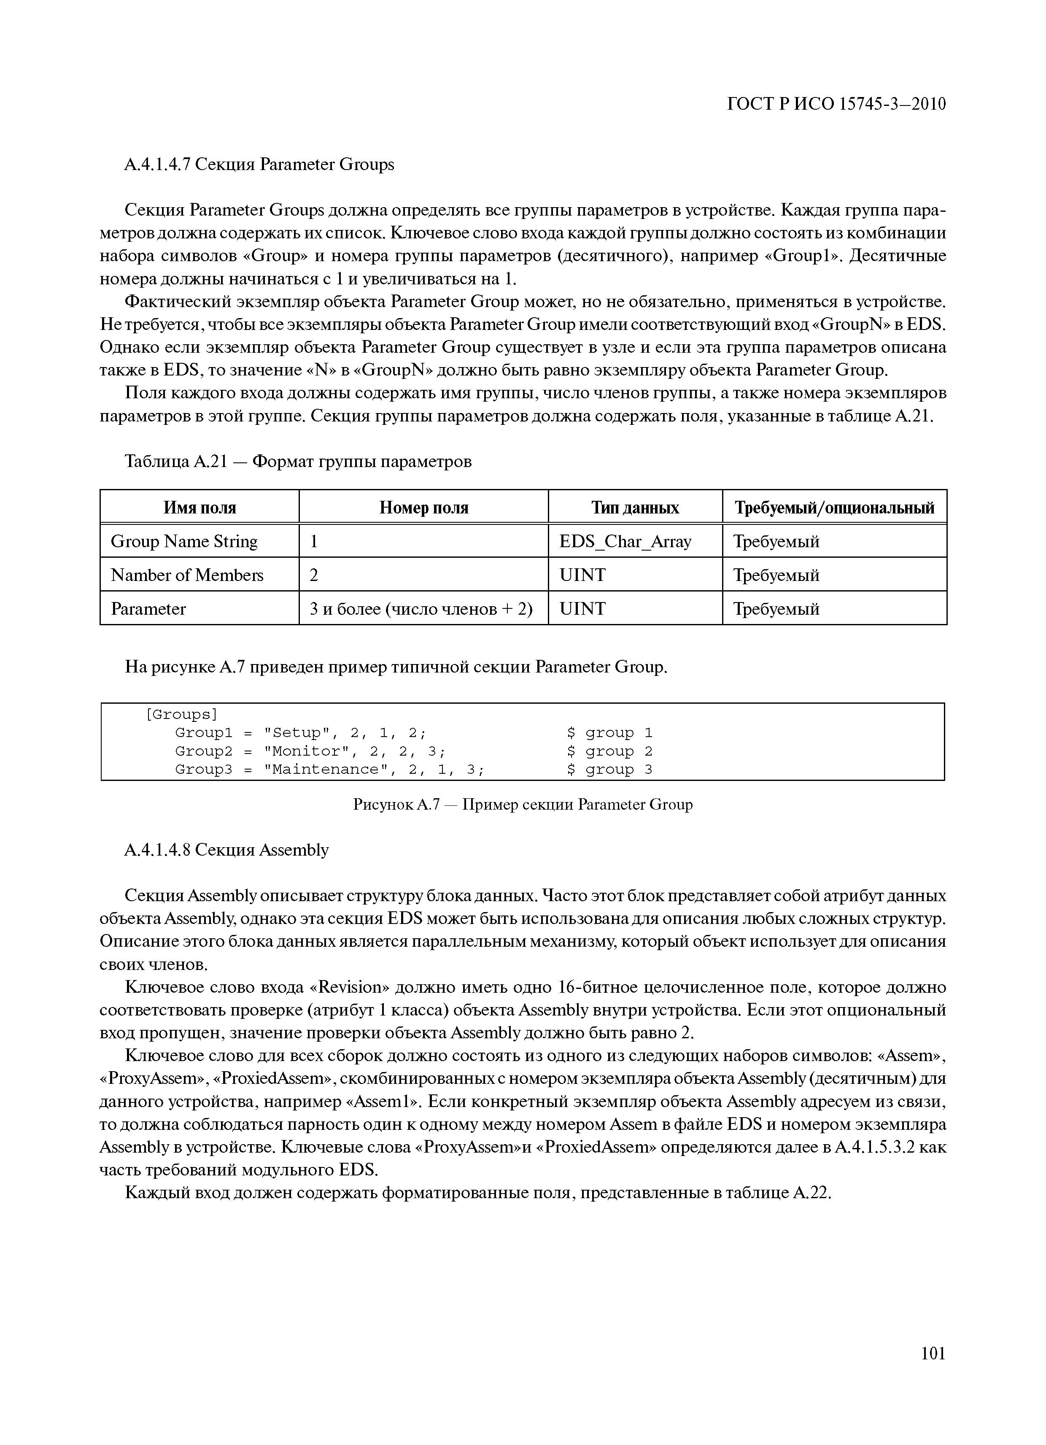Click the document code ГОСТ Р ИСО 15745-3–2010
coord(836,104)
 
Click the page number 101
coord(933,1371)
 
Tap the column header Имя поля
coord(199,508)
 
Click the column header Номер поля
coord(423,508)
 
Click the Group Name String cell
coord(184,542)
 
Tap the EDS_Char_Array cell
coord(625,542)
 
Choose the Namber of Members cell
coord(187,575)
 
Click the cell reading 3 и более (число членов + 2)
coord(421,609)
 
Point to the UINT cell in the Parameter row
coord(582,609)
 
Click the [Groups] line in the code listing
coord(181,714)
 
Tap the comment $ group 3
coord(609,770)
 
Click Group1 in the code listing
coord(204,733)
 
